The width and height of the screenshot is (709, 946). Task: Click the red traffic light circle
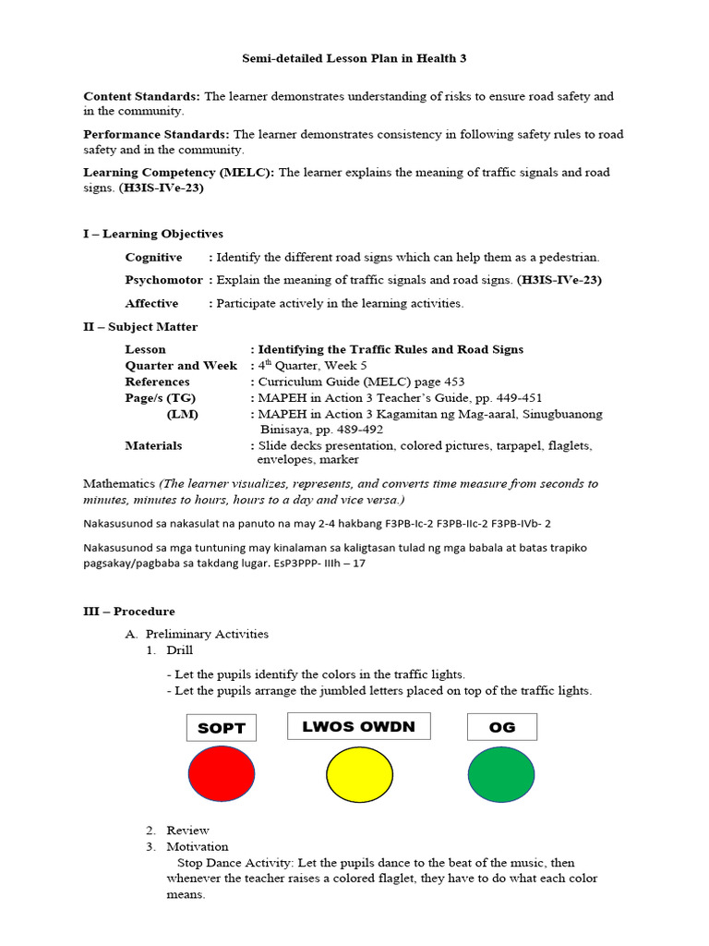(222, 773)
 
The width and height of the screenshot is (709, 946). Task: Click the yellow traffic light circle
(360, 773)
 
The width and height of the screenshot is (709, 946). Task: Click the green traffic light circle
(501, 773)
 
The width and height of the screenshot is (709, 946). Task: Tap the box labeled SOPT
(222, 728)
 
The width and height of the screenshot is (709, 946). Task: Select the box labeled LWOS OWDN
(359, 726)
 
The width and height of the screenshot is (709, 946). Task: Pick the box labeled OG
(502, 727)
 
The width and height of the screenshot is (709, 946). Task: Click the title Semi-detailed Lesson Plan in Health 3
(354, 58)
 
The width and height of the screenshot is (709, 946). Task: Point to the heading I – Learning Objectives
(153, 234)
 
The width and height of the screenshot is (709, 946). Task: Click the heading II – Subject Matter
(140, 326)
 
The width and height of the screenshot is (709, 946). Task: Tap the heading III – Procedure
(128, 612)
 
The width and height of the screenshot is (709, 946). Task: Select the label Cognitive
(154, 257)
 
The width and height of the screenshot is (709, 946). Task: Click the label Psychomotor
(164, 280)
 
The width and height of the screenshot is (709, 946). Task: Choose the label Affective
(152, 303)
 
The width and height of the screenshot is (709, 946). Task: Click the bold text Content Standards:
(142, 96)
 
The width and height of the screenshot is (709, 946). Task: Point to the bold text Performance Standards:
(157, 134)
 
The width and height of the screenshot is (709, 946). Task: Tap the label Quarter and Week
(181, 365)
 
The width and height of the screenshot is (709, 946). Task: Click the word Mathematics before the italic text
(119, 483)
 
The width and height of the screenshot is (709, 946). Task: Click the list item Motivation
(198, 846)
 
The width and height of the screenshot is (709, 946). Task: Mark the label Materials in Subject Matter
(153, 445)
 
